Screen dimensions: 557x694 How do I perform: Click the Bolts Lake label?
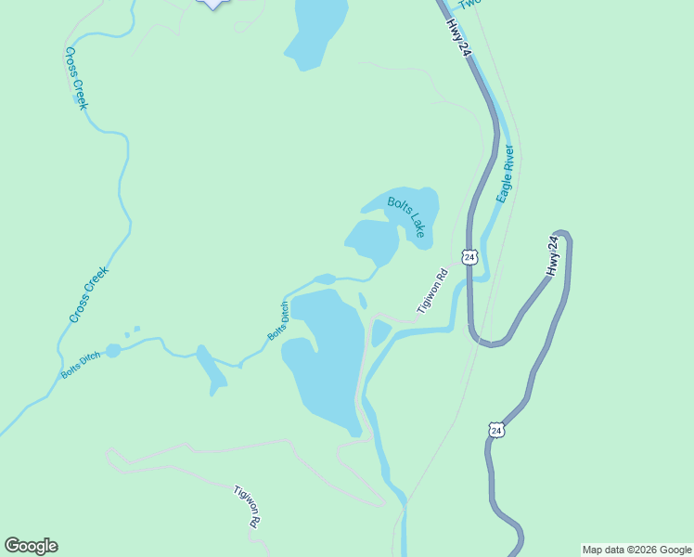pyautogui.click(x=406, y=216)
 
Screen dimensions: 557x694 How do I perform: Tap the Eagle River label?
pyautogui.click(x=505, y=174)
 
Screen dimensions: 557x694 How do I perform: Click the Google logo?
pyautogui.click(x=31, y=546)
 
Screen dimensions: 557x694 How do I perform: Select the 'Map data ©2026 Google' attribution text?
pyautogui.click(x=636, y=550)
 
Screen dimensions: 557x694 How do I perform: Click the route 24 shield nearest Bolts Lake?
pyautogui.click(x=469, y=256)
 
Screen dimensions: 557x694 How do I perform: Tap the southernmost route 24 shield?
pyautogui.click(x=497, y=430)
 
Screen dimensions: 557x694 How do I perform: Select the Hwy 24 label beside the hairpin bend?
pyautogui.click(x=553, y=256)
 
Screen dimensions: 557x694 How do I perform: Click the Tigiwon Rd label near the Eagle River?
pyautogui.click(x=432, y=291)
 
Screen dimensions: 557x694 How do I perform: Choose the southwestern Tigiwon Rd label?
pyautogui.click(x=246, y=506)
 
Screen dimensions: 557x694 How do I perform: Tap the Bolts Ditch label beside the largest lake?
pyautogui.click(x=278, y=321)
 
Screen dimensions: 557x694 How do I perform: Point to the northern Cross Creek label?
pyautogui.click(x=76, y=90)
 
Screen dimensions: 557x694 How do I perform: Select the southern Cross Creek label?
pyautogui.click(x=89, y=295)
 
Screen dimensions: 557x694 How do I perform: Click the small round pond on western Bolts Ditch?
pyautogui.click(x=113, y=350)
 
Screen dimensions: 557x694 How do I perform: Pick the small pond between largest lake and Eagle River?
pyautogui.click(x=379, y=331)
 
